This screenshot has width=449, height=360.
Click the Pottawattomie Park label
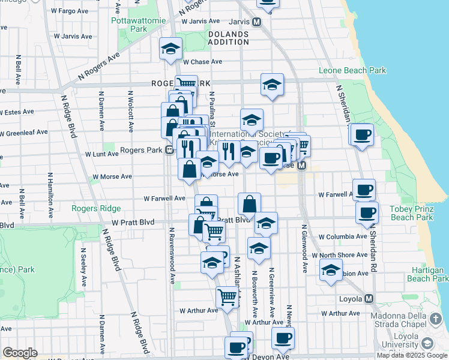(129, 24)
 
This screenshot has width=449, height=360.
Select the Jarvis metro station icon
(257, 22)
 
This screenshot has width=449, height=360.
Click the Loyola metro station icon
(369, 298)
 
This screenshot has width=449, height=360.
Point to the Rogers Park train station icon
(170, 150)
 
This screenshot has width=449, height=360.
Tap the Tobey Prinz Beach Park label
(411, 213)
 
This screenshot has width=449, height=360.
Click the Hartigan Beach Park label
(427, 274)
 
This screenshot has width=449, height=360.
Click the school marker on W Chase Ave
(171, 50)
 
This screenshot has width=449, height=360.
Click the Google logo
(20, 353)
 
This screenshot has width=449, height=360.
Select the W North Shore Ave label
(343, 254)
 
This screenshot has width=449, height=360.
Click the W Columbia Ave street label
(343, 237)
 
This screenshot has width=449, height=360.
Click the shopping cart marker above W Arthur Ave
(227, 296)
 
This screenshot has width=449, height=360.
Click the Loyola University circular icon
(427, 343)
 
